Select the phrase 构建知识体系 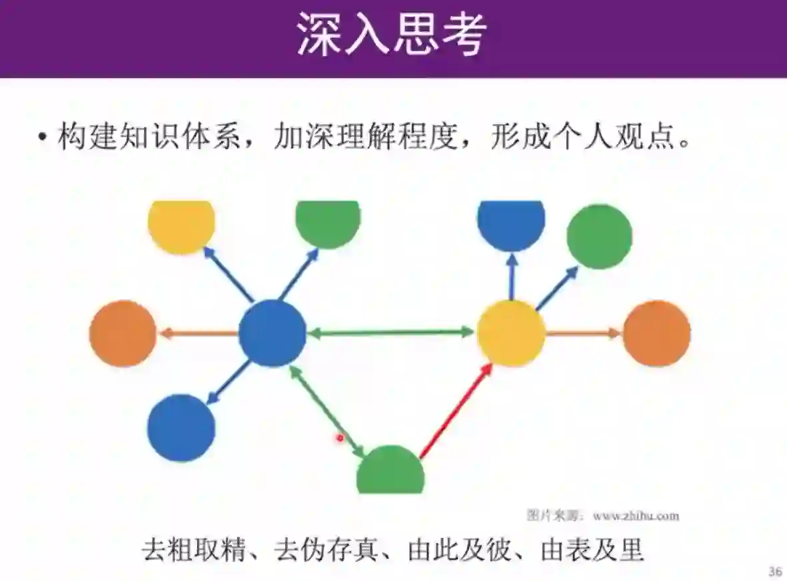[150, 138]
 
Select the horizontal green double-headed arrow [392, 332]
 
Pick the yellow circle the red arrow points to [511, 333]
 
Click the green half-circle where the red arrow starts [390, 472]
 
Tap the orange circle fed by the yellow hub [656, 333]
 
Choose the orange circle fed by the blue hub [123, 333]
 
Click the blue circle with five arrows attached [272, 333]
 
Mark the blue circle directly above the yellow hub [511, 223]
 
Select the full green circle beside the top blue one [599, 236]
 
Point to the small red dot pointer [340, 437]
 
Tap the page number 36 [774, 571]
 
